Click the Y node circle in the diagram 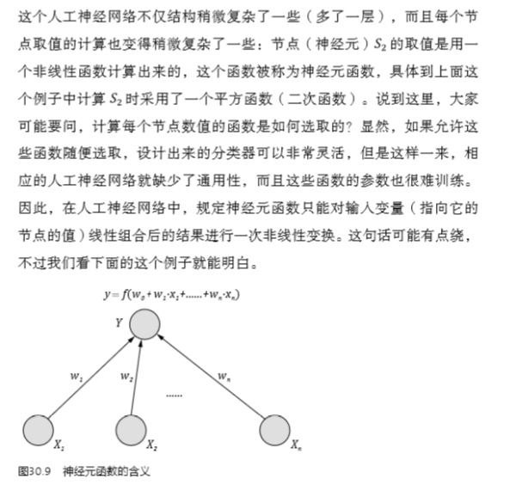click(144, 326)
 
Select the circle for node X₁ click(36, 429)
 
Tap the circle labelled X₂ click(130, 429)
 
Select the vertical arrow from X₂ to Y click(137, 378)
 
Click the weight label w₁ click(75, 376)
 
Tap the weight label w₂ click(126, 376)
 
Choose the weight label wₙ click(224, 376)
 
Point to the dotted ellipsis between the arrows click(174, 395)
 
